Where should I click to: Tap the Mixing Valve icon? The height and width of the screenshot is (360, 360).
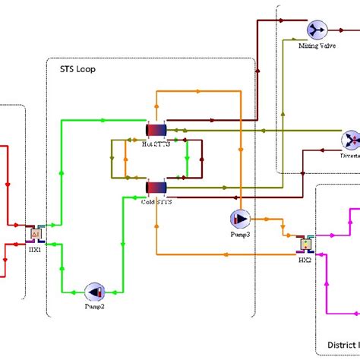tap(314, 30)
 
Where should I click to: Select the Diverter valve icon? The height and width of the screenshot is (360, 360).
tap(351, 140)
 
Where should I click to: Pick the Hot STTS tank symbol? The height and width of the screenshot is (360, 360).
tap(156, 128)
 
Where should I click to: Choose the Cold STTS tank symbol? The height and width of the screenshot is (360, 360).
tap(155, 188)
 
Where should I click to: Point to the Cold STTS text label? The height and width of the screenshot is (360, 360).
tap(156, 202)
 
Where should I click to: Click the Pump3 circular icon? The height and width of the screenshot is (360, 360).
tap(239, 219)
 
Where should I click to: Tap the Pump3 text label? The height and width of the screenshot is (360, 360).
tap(239, 235)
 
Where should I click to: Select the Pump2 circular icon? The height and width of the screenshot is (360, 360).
tap(96, 291)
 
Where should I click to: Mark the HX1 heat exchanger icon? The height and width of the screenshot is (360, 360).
tap(35, 234)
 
